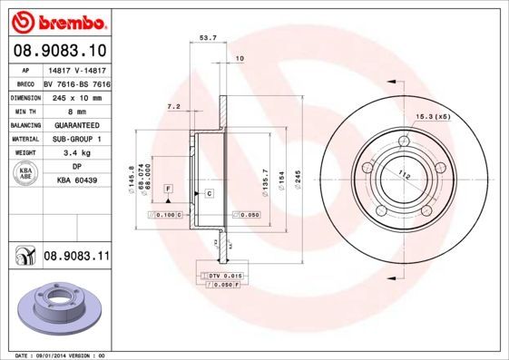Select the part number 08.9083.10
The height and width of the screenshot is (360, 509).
coord(59,51)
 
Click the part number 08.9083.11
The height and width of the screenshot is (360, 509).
coord(76,258)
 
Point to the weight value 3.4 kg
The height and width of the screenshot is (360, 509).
coord(76,152)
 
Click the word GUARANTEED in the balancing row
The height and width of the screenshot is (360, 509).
coord(76,125)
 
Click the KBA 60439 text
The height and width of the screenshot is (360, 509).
coord(76,180)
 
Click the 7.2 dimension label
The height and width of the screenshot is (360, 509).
coord(174,107)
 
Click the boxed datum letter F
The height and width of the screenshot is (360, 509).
coord(168,187)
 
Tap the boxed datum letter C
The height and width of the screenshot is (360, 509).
coord(209,194)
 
